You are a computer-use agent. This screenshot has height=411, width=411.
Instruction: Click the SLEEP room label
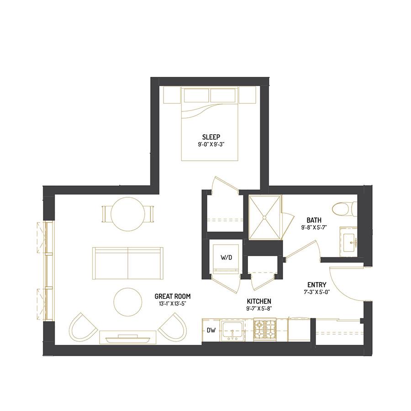211,137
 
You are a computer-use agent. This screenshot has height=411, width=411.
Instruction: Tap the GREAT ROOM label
173,296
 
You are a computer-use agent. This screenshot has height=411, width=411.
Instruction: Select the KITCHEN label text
259,301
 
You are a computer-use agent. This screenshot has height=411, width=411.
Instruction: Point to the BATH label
314,220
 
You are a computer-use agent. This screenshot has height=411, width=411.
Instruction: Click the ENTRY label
317,285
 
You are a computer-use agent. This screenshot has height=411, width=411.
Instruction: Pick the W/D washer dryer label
226,258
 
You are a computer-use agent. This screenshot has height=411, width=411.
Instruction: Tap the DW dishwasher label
211,331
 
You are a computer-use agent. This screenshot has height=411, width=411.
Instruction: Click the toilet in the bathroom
344,209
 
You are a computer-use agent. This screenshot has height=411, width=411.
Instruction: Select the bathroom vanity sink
350,242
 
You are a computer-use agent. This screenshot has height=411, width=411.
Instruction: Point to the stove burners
265,330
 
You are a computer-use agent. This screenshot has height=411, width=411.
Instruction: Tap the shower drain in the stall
264,217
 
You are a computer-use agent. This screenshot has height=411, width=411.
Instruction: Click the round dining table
127,214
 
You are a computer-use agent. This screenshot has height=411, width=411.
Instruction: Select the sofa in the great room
128,263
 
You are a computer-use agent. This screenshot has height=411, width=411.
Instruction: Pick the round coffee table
128,302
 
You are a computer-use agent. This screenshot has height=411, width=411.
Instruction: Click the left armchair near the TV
84,327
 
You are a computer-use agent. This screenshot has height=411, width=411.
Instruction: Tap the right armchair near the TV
172,327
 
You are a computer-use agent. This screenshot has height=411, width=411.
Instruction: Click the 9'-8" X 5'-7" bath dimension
314,227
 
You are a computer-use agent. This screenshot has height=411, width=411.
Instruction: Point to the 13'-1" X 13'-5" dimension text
172,304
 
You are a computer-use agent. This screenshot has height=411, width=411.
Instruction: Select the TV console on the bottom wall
128,337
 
